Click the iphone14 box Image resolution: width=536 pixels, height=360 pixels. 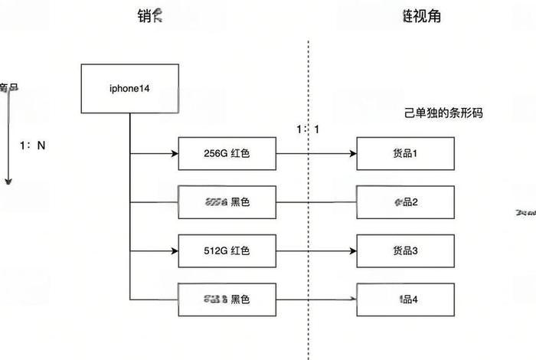coord(129,88)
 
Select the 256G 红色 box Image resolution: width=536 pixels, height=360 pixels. coord(227,153)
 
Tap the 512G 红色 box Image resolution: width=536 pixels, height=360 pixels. coord(227,250)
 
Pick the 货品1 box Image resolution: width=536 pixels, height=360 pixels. coord(405,153)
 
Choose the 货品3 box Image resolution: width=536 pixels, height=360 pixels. coord(405,250)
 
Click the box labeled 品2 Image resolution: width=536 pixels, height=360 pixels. coord(405,202)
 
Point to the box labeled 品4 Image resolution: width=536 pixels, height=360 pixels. coord(405,299)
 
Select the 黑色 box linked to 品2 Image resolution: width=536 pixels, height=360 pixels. coord(227,202)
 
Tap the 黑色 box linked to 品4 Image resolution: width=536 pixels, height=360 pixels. coord(227,299)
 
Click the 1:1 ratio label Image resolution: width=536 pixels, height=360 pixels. coord(308,129)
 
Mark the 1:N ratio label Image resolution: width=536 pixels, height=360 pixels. coord(33,144)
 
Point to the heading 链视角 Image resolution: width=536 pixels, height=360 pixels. coord(421,16)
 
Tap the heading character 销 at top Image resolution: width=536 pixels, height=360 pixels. coord(143,15)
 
